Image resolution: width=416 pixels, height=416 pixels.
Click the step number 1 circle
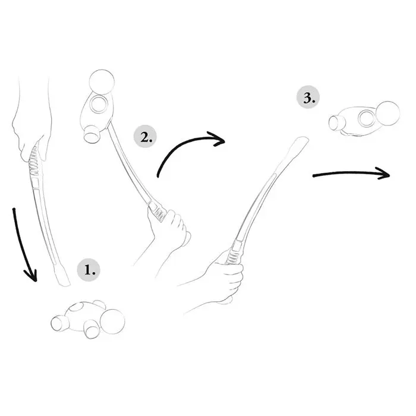click(89, 270)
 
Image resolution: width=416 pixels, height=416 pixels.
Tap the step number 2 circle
click(145, 137)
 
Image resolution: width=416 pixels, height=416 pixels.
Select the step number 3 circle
click(308, 97)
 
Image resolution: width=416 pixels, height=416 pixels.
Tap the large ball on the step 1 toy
click(112, 322)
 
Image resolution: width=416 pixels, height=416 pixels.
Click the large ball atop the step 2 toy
click(102, 82)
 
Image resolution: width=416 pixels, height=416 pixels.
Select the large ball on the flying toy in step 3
click(387, 114)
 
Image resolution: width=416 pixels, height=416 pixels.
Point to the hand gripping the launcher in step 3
click(225, 279)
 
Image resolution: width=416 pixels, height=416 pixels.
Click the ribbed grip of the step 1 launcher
click(34, 161)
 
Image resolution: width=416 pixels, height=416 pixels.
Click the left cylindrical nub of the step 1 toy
click(59, 323)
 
